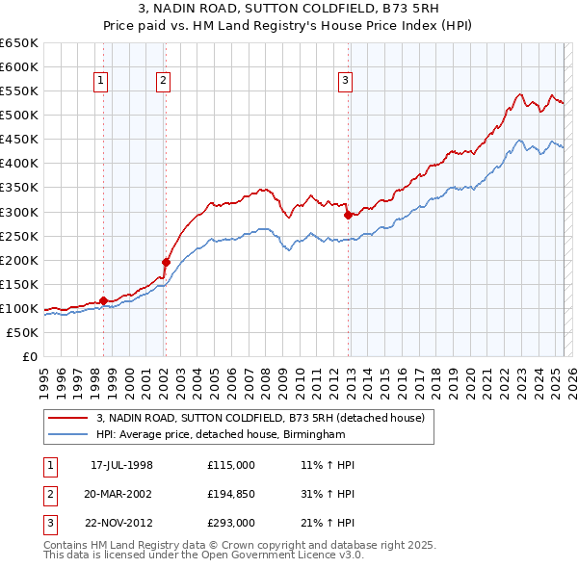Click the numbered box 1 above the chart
pyautogui.click(x=102, y=81)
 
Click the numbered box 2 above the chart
pyautogui.click(x=164, y=81)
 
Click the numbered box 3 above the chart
pyautogui.click(x=345, y=81)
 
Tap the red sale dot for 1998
pyautogui.click(x=103, y=300)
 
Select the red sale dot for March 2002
pyautogui.click(x=166, y=262)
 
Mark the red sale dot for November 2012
pyautogui.click(x=348, y=215)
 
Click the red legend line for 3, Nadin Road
pyautogui.click(x=68, y=418)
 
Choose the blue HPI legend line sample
pyautogui.click(x=68, y=434)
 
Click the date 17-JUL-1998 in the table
pyautogui.click(x=121, y=465)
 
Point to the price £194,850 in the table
pyautogui.click(x=231, y=494)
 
